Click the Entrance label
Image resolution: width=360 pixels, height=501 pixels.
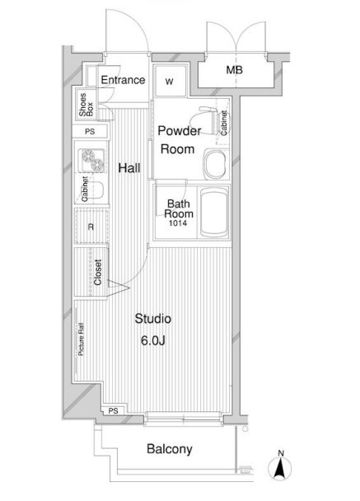point(123,80)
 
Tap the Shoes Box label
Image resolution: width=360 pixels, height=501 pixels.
point(86,105)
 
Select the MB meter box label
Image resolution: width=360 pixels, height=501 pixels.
point(235,70)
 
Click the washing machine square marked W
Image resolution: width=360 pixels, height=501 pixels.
point(170,81)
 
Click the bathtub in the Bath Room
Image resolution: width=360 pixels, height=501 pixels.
point(213,212)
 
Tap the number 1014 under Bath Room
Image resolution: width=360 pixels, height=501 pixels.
point(178,223)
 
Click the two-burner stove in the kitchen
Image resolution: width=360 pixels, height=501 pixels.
point(93,160)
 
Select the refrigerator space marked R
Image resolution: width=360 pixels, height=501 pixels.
point(91,227)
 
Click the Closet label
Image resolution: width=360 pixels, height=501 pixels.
point(98,272)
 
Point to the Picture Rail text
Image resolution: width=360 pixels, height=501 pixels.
point(81,339)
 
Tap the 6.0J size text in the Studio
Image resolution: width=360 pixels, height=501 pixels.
point(153,341)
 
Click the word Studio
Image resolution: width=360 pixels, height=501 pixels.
point(152,319)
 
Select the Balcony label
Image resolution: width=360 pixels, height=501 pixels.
point(170,449)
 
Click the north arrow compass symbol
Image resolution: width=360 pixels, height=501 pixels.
point(280,467)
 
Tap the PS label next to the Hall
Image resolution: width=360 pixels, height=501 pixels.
point(90,131)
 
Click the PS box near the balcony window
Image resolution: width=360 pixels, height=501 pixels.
point(114,411)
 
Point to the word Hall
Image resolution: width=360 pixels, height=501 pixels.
point(129,168)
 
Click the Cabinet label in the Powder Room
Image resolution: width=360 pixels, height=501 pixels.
point(224,123)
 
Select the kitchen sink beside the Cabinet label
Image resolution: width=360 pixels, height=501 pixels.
point(96,190)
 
